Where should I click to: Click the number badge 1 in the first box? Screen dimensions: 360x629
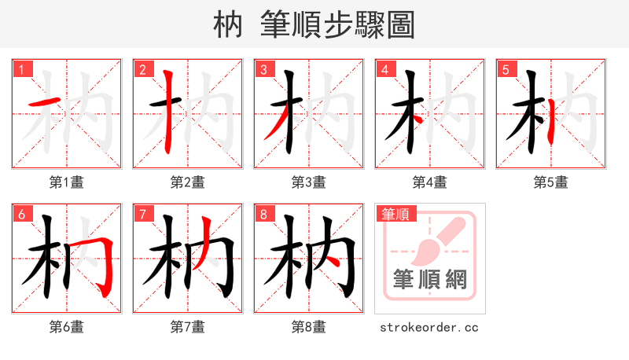(21, 69)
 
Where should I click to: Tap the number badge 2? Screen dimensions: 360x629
(142, 69)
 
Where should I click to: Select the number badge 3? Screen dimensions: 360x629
(263, 69)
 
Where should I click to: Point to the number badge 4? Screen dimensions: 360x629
(384, 69)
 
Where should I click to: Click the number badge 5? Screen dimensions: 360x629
(506, 69)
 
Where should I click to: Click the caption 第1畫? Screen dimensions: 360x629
(66, 182)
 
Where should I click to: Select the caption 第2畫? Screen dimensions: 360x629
(187, 182)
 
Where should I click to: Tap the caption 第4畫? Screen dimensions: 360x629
(429, 182)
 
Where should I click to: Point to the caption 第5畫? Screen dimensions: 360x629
(550, 182)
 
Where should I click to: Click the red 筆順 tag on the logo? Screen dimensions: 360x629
(396, 214)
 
